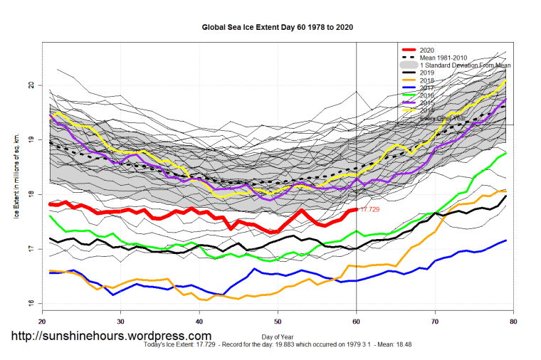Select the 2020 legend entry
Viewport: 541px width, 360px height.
coord(427,49)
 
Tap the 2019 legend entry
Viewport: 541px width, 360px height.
coord(427,73)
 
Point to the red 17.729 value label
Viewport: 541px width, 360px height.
coord(372,210)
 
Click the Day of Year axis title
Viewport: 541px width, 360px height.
coord(278,334)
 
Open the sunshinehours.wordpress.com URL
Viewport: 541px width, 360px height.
coord(110,336)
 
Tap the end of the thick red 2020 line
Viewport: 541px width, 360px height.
coord(356,209)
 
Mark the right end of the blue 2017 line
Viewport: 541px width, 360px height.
coord(505,240)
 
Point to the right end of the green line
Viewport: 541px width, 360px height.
coord(505,153)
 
